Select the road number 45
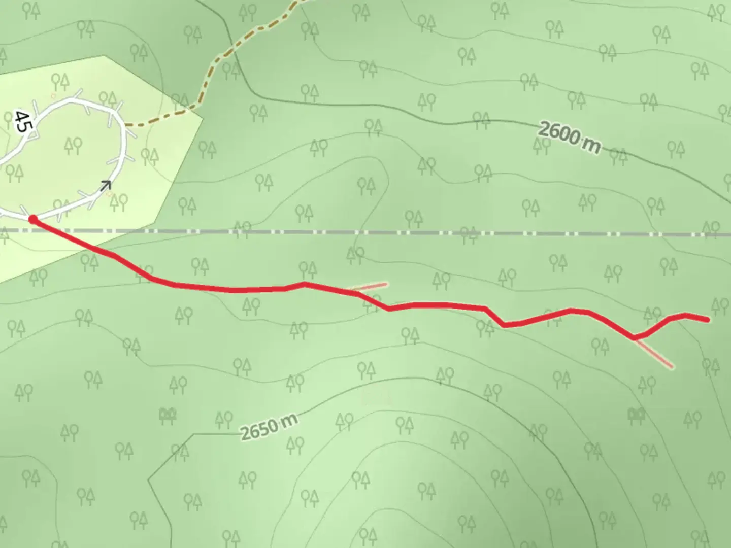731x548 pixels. pos(21,121)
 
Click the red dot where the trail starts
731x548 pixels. pos(33,219)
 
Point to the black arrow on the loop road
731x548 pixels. pos(105,186)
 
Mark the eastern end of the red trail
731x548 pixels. pos(708,320)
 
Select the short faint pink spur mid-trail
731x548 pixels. pos(373,287)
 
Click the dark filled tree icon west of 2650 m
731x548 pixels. pos(167,416)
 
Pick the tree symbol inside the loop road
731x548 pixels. pos(74,146)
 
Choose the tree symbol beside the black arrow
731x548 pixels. pos(118,202)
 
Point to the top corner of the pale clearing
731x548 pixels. pos(104,56)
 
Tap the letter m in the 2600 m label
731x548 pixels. pos(592,145)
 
